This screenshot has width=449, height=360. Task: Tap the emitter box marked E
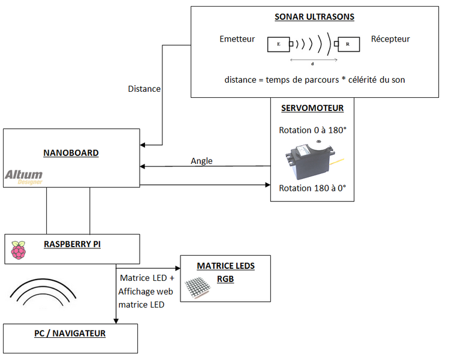click(x=278, y=44)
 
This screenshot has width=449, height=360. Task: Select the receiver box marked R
click(x=348, y=44)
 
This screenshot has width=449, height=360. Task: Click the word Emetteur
click(x=237, y=39)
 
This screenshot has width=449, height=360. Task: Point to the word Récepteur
click(x=390, y=39)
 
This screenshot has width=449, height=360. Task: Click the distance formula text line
click(x=315, y=79)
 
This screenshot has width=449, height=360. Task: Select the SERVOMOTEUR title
click(x=312, y=109)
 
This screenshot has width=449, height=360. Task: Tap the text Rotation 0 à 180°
click(x=312, y=130)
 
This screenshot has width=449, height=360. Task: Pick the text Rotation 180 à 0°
click(x=312, y=188)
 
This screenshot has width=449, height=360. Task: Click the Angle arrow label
click(x=201, y=161)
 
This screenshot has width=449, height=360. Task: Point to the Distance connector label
click(x=144, y=89)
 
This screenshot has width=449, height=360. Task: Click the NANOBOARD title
click(x=71, y=153)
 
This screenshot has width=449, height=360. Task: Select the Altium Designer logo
click(x=24, y=176)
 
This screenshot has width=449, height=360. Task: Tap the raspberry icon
click(x=19, y=250)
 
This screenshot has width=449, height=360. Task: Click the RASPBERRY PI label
click(x=72, y=244)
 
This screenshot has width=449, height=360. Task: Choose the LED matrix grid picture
click(x=198, y=289)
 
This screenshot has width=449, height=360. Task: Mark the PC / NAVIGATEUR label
click(x=70, y=333)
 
